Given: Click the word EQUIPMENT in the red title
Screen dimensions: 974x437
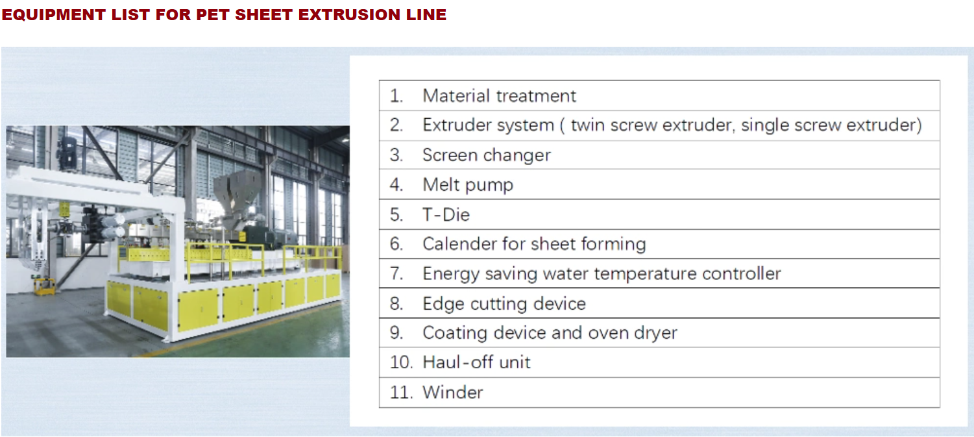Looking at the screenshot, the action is [x=53, y=14].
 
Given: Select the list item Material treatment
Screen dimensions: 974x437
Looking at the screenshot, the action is [x=499, y=95].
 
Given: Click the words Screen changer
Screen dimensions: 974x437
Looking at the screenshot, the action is [x=487, y=155].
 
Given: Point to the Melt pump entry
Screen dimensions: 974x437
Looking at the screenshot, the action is [x=468, y=185].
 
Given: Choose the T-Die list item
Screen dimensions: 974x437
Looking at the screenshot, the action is [x=446, y=214].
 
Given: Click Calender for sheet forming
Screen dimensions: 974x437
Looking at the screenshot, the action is [x=534, y=244].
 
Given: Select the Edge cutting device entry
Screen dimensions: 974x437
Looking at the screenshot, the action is [x=504, y=303].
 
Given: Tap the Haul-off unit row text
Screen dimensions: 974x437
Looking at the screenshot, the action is [x=476, y=362].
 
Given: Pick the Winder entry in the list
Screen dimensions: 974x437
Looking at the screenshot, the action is [x=453, y=392].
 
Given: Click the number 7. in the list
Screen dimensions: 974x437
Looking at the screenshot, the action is [x=396, y=274].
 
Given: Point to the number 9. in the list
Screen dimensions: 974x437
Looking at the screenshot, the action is [x=396, y=333].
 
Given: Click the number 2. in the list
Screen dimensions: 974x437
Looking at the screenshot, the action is [x=396, y=125].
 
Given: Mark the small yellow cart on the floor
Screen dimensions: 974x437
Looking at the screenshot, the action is [x=45, y=286].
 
